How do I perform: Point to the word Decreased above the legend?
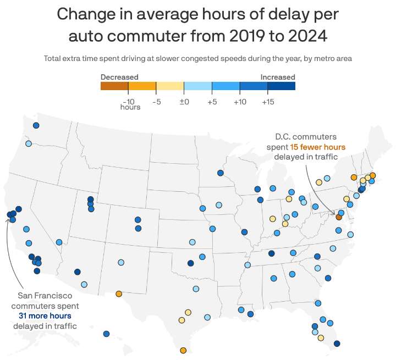(x=119, y=77)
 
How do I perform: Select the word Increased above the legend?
(x=278, y=77)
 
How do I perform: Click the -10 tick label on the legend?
(x=129, y=102)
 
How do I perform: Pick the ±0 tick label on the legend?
(x=184, y=102)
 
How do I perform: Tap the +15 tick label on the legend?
(x=268, y=102)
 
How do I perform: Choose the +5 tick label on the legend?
(x=212, y=102)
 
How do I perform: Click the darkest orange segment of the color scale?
(x=114, y=86)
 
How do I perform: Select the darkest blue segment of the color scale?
(x=282, y=86)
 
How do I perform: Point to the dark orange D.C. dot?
(x=339, y=218)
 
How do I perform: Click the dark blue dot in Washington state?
(x=36, y=125)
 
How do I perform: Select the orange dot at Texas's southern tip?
(x=183, y=350)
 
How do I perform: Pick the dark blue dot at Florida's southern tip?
(x=337, y=344)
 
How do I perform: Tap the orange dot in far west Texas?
(x=119, y=293)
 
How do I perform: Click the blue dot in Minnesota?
(x=220, y=173)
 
